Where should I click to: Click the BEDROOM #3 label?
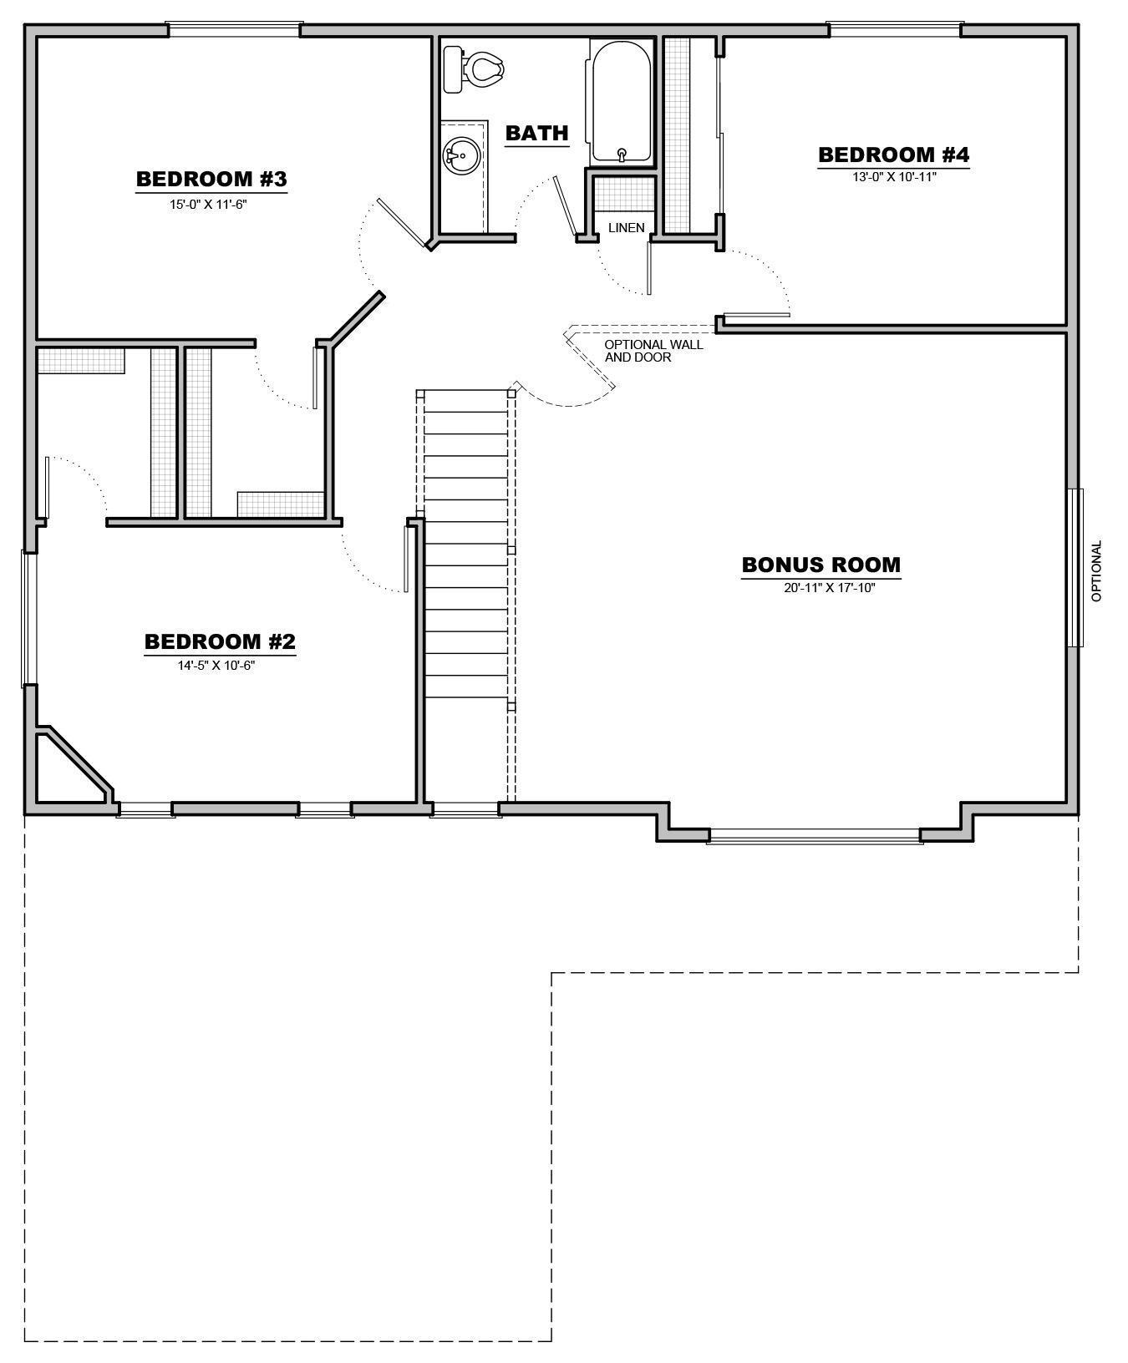(211, 179)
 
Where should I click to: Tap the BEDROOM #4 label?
(893, 155)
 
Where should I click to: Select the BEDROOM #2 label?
(220, 641)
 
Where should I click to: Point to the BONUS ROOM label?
(821, 565)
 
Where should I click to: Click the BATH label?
(536, 133)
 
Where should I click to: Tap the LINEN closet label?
(626, 227)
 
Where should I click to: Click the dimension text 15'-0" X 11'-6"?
(208, 203)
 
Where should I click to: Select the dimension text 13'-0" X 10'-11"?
(893, 177)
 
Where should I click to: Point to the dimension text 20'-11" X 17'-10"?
(829, 587)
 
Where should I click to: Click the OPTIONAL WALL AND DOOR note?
(653, 350)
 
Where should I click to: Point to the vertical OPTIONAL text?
(1097, 570)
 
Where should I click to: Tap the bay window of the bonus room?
(814, 835)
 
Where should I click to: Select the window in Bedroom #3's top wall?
(232, 30)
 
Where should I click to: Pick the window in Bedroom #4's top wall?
(894, 30)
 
